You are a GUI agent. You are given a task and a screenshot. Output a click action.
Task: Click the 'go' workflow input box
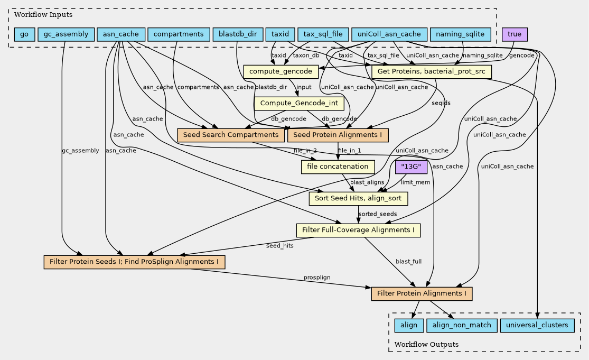coord(24,34)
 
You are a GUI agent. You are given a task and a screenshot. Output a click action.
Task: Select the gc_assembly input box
coord(66,34)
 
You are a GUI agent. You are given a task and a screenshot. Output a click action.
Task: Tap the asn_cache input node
coord(121,34)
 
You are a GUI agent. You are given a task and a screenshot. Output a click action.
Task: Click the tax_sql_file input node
coord(323,34)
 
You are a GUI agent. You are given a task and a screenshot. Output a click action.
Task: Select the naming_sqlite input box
coord(461,34)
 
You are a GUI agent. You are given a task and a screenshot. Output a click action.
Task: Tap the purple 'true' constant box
coord(514,34)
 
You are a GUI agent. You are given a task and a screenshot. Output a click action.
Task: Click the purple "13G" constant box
coord(411,167)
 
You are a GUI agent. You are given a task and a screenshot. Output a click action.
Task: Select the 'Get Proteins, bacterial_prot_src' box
coord(432,71)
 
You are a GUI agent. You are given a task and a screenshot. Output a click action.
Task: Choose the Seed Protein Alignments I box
coord(338,135)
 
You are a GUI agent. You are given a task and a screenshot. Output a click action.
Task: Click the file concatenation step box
coord(338,167)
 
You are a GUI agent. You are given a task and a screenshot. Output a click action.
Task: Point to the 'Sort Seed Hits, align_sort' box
coord(358,198)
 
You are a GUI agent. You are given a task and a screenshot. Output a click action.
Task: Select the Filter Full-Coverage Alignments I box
coord(358,230)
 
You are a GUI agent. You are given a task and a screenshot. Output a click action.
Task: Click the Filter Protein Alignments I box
coord(422,293)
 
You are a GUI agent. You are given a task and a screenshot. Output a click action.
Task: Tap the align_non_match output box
coord(459,325)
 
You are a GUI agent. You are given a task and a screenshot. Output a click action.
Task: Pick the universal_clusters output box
coord(536,325)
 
